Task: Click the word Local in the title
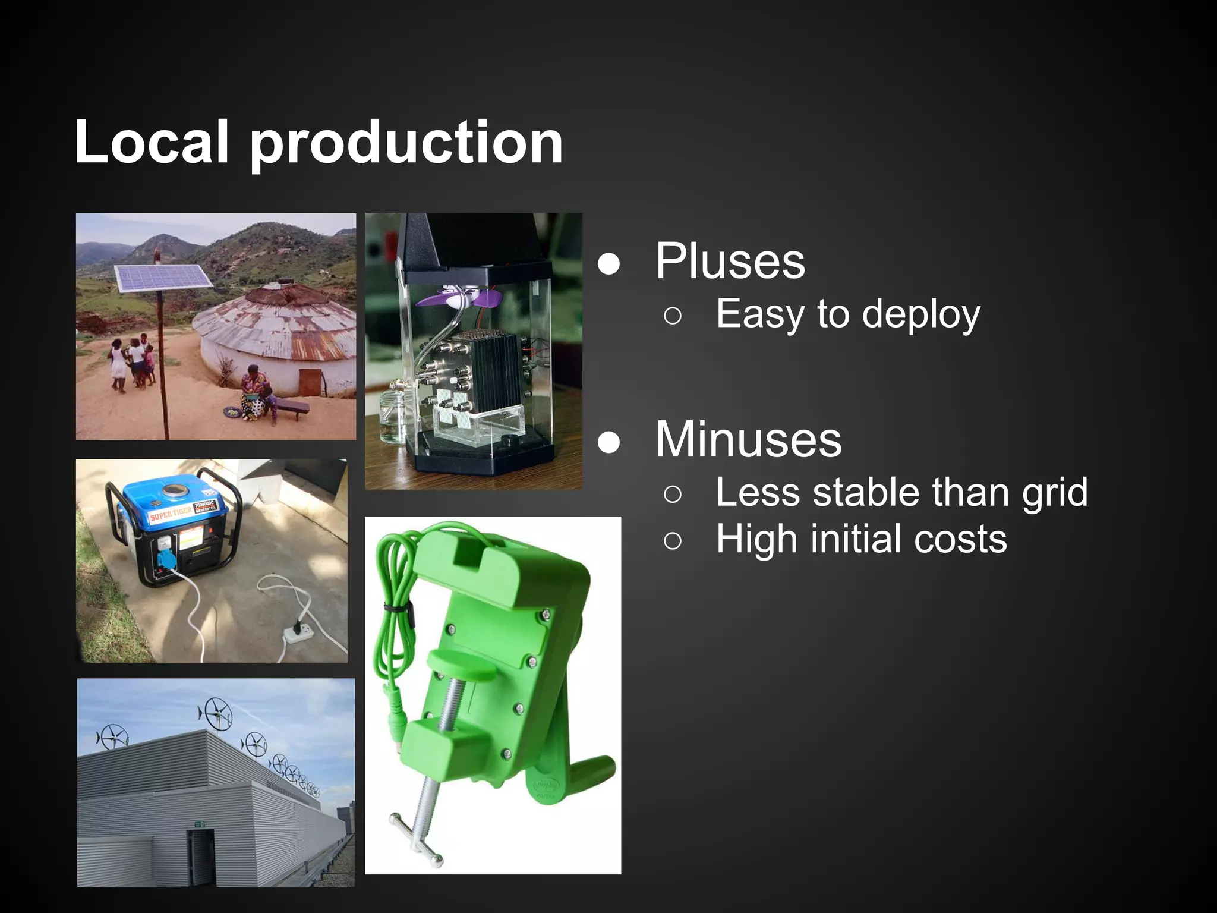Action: (x=152, y=143)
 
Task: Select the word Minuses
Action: (x=748, y=440)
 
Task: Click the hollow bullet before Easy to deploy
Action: (x=673, y=316)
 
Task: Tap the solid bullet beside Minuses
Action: (x=609, y=442)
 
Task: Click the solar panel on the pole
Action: (x=163, y=278)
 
